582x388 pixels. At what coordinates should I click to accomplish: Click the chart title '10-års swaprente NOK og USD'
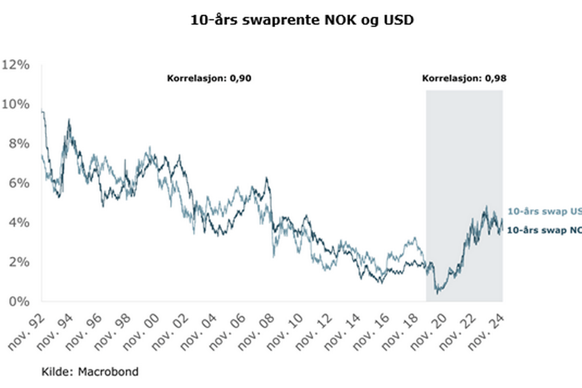302,20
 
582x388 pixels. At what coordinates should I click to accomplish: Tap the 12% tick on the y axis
15,65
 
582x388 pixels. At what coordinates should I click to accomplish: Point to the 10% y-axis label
15,105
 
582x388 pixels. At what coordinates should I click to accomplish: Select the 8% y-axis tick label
19,144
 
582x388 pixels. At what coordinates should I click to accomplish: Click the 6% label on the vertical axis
19,183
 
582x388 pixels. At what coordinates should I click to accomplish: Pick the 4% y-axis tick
19,223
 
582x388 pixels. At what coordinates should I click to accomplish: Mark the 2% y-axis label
19,262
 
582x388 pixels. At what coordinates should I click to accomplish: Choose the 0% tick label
19,301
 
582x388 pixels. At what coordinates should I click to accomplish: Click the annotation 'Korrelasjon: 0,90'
209,78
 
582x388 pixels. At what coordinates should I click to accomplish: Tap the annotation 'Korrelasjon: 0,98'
464,78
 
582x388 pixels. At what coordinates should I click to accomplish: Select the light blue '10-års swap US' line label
544,212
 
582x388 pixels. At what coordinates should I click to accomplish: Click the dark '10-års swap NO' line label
544,230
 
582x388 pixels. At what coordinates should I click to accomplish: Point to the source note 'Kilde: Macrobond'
90,371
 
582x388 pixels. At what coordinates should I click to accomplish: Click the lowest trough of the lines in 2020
438,293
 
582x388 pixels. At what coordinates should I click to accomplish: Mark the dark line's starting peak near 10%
43,111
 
